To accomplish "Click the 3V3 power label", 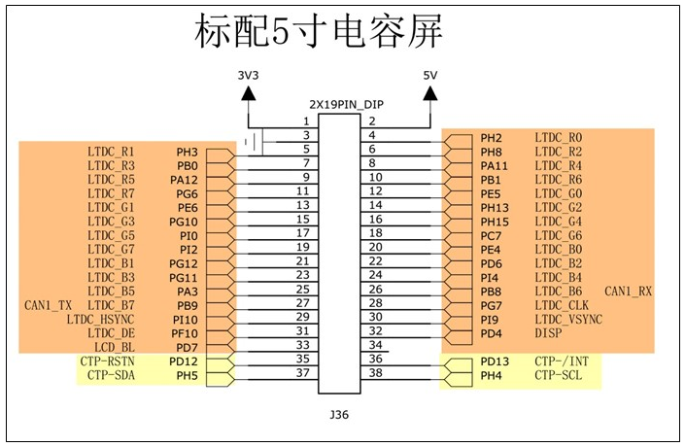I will pos(249,75).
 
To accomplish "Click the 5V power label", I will pos(429,75).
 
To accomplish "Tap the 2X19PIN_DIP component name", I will pos(340,103).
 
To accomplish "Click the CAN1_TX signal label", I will pos(49,305).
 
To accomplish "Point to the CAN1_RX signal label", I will pos(629,292).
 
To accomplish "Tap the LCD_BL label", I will pos(114,347).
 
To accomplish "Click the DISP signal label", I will pos(548,333).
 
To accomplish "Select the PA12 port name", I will pos(185,180).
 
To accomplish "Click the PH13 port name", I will pos(495,208).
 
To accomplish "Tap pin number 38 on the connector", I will pos(375,373).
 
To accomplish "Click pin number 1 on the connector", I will pos(306,120).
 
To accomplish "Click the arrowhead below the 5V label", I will pos(429,93).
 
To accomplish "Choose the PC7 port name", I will pos(491,236).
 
